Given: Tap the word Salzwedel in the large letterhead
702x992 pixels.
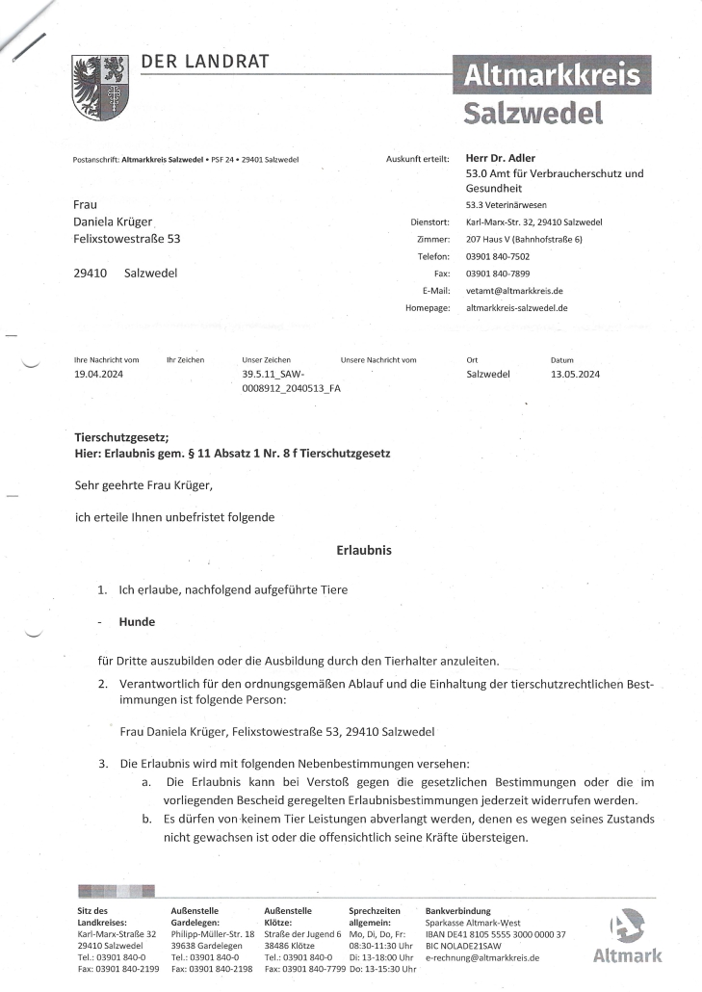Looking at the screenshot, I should tap(533, 113).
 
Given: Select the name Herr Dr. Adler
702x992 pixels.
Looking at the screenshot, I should tap(500, 158).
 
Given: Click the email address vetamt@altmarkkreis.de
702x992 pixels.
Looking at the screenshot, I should tap(514, 291).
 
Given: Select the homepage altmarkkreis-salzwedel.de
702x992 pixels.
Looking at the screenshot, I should tap(516, 308).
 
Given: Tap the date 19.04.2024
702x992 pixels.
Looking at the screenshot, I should tap(99, 374).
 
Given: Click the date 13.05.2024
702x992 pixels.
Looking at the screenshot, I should tap(575, 374).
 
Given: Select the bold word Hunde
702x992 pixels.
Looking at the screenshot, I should tap(137, 622).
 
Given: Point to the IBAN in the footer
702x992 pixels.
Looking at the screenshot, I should tap(495, 934).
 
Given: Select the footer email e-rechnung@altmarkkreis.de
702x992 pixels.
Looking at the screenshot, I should tap(481, 958).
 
